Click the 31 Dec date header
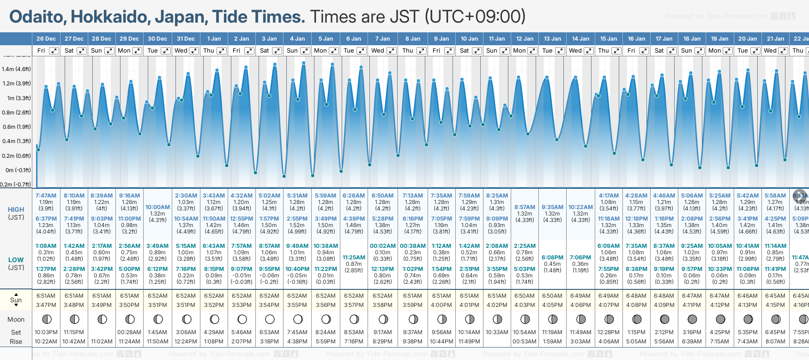click(x=186, y=39)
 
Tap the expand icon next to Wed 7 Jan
click(x=391, y=51)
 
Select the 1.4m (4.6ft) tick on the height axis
click(x=16, y=69)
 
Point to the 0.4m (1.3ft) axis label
click(x=16, y=141)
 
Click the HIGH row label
click(x=16, y=210)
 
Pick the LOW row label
click(x=16, y=260)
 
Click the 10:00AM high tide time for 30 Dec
click(x=157, y=207)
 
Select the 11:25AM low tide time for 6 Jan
click(x=354, y=258)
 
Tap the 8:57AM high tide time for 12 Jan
click(x=525, y=207)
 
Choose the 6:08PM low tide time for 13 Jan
click(x=552, y=258)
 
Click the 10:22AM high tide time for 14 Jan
click(x=580, y=207)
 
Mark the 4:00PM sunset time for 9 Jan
click(x=441, y=305)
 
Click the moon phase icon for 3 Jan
click(x=270, y=319)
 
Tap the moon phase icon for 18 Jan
click(x=692, y=319)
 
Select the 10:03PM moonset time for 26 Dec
click(x=46, y=332)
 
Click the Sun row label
click(x=16, y=300)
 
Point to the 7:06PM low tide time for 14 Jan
click(x=580, y=258)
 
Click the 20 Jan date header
click(x=748, y=39)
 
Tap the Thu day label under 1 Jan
click(x=209, y=51)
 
